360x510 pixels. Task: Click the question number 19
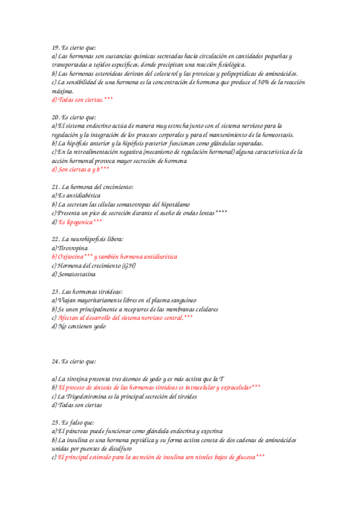pos(56,48)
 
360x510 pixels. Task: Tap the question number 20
pos(56,117)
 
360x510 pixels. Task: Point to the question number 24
pos(56,361)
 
